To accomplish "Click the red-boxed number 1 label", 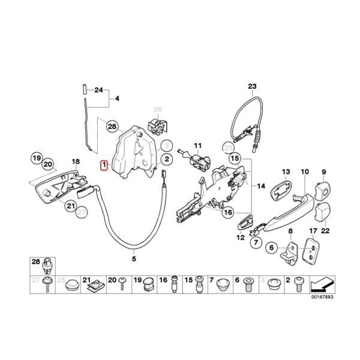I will [104, 164].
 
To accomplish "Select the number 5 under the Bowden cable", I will [134, 259].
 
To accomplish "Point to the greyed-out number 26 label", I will [158, 109].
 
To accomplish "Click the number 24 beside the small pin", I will [99, 91].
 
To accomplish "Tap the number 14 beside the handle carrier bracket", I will [260, 187].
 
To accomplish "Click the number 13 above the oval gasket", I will [286, 172].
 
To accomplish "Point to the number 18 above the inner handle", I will [76, 162].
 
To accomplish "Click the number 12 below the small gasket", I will [241, 238].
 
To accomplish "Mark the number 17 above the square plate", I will [313, 231].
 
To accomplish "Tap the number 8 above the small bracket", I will [291, 231].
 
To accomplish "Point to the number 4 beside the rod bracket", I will [118, 97].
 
